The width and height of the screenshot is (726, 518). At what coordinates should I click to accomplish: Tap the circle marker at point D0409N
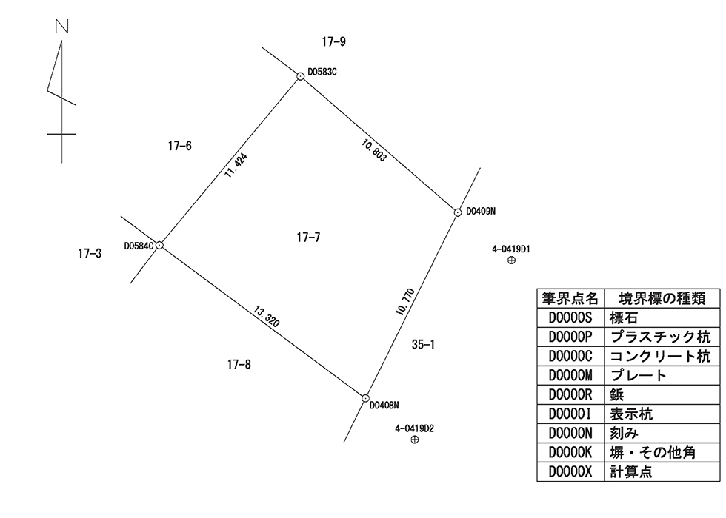458,212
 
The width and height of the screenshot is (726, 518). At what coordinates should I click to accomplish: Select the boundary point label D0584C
139,245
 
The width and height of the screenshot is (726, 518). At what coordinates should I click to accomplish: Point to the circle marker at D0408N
365,397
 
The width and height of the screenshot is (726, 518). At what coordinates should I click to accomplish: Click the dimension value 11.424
236,166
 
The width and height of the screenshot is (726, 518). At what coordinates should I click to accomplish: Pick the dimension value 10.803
374,150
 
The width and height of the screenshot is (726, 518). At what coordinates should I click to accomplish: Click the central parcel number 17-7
308,238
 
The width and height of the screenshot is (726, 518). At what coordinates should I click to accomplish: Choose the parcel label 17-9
334,41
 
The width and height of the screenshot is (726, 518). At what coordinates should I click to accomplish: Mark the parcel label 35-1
422,344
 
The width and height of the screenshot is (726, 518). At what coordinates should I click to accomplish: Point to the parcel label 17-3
90,253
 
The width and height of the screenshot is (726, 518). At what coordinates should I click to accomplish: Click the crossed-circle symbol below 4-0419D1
511,260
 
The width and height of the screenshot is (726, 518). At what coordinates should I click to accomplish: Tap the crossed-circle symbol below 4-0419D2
414,440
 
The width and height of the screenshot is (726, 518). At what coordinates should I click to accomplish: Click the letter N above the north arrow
61,27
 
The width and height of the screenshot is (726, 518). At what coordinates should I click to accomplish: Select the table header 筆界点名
570,298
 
